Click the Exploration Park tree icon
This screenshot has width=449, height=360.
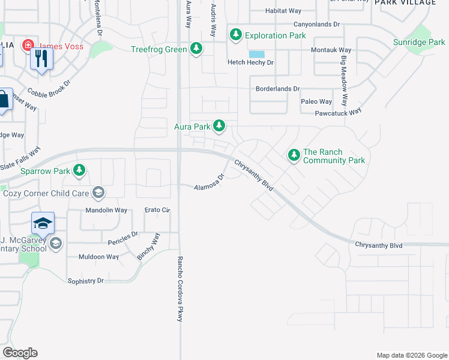coord(236,35)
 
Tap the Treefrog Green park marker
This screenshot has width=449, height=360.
coord(196,49)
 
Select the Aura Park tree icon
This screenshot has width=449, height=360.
coord(220,126)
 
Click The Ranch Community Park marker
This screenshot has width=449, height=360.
coord(294,155)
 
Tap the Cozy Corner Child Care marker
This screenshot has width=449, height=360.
coord(98,193)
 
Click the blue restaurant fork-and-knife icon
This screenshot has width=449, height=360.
coord(41,59)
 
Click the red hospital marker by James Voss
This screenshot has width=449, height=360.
coord(28,46)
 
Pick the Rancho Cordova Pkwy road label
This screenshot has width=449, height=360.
coord(179,289)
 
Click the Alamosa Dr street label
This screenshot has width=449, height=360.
coord(209,182)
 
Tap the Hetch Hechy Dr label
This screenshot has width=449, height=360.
coord(250,62)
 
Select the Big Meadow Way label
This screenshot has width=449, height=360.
coord(345,81)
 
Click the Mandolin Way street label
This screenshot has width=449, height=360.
coord(106,211)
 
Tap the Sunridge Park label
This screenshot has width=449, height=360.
coord(418,43)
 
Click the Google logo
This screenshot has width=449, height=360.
coord(20,353)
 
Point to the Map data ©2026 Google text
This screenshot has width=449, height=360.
coord(411,355)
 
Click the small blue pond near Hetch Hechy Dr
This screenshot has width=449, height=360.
coord(256,54)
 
